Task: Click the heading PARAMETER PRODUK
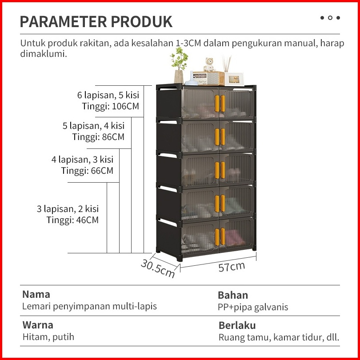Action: (96, 21)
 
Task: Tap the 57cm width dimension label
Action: (231, 267)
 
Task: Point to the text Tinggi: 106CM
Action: (111, 106)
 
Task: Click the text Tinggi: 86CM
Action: (98, 137)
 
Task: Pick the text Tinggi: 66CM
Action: (87, 171)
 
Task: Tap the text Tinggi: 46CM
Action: (72, 220)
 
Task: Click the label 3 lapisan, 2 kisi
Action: (68, 209)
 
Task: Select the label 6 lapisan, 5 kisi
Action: (108, 95)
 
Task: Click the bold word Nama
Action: (36, 294)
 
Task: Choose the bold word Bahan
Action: (233, 295)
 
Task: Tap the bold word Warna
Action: (38, 325)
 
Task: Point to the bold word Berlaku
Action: (237, 325)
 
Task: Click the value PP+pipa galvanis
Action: (253, 307)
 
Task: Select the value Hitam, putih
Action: (48, 337)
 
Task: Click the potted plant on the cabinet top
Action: (179, 65)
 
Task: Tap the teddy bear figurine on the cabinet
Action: (209, 65)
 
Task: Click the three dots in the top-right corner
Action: (330, 18)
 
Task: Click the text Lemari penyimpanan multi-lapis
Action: (89, 306)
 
